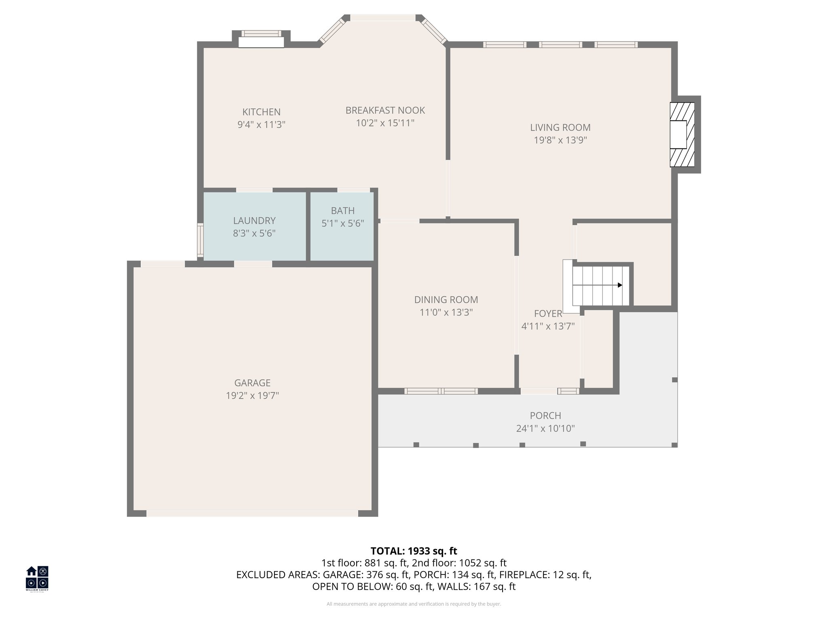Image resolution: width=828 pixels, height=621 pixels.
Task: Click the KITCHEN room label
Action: (x=261, y=112)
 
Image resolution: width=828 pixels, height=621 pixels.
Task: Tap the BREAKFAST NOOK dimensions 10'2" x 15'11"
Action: (x=385, y=123)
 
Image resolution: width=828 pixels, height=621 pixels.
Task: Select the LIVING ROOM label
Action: (x=560, y=127)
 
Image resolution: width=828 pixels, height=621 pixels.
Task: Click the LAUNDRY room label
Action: (x=254, y=221)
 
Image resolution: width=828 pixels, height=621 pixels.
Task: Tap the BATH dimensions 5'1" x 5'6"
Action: (x=342, y=223)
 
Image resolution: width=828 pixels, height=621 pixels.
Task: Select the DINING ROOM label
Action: (x=446, y=300)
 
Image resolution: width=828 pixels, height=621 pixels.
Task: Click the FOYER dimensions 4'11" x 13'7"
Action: (x=548, y=326)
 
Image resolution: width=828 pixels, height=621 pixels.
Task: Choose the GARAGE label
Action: (x=252, y=382)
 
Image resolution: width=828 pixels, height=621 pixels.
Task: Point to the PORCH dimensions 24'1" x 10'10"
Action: (x=545, y=429)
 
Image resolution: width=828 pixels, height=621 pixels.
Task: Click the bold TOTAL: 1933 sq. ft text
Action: (x=414, y=551)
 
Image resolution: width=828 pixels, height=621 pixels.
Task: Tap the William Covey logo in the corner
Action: (x=37, y=578)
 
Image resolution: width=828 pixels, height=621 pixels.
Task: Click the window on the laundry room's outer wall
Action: (x=200, y=240)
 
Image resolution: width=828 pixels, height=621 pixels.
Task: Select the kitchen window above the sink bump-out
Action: (x=261, y=34)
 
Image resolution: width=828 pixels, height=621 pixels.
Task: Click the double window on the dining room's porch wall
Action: (x=441, y=391)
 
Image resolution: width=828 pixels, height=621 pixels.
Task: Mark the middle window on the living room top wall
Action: (x=560, y=44)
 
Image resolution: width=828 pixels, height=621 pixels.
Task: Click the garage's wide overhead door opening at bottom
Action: (x=252, y=513)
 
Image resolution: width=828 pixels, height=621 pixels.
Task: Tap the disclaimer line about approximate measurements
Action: (x=414, y=604)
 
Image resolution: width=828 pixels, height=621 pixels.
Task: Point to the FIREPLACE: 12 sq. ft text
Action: (x=545, y=575)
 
